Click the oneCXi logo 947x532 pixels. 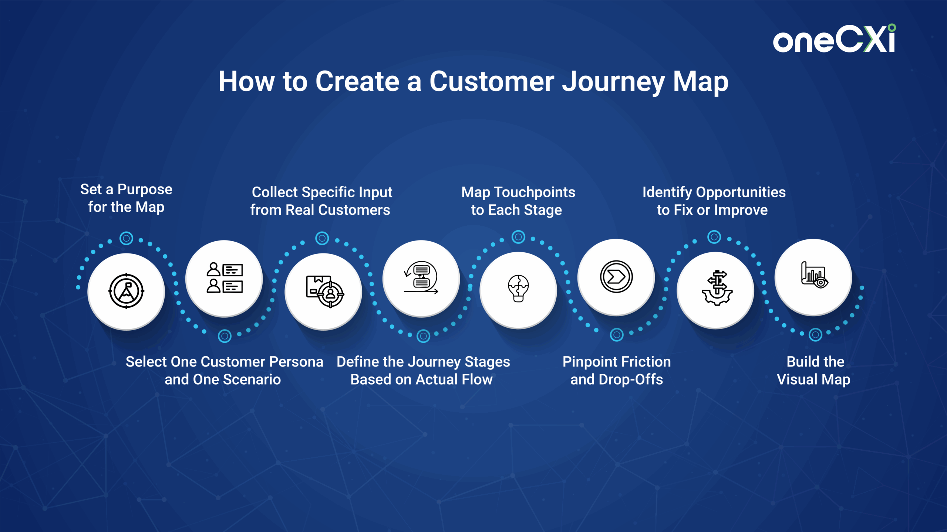(x=834, y=39)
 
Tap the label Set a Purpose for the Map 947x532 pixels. (x=126, y=198)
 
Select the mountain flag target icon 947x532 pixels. (x=126, y=291)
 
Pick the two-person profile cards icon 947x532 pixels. (x=225, y=278)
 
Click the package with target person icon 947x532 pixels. (x=325, y=291)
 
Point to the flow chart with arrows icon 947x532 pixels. (x=421, y=278)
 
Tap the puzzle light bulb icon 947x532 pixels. (x=518, y=289)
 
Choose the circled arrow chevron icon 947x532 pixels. (x=616, y=277)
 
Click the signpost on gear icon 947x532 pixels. (x=717, y=288)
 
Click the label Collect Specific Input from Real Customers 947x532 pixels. (x=321, y=201)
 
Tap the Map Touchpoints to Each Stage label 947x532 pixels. (x=518, y=201)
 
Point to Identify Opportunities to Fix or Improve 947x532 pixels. (x=714, y=201)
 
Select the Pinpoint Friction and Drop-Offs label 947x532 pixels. (x=617, y=371)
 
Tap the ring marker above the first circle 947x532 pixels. (x=126, y=238)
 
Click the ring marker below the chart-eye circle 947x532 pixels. (x=815, y=335)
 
